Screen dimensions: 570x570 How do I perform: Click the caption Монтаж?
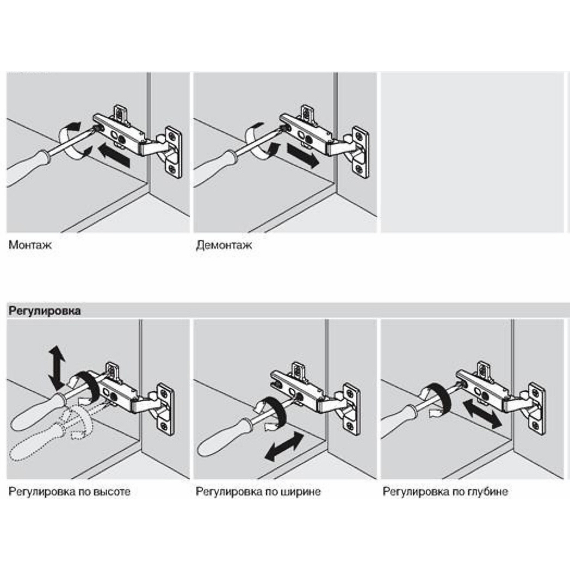30,245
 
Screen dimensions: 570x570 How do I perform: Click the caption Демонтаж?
224,245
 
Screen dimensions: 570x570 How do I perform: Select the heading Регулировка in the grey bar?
44,312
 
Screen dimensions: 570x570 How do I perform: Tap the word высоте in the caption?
112,492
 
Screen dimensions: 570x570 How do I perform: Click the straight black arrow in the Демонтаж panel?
303,155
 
